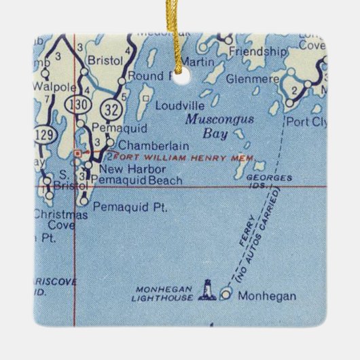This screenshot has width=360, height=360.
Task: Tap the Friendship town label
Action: coord(257,51)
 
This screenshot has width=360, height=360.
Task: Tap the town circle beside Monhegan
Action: coord(226,295)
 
